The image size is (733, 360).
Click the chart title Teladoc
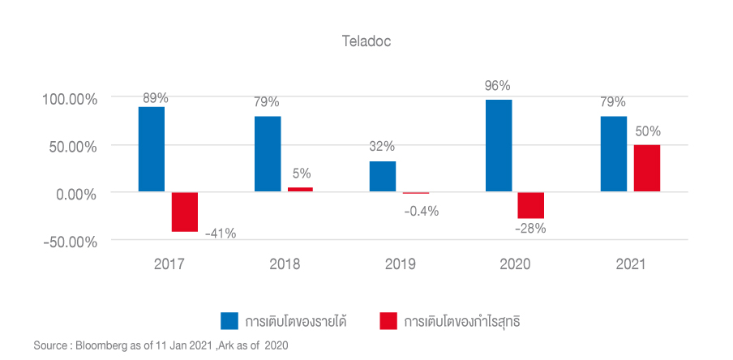tap(366, 40)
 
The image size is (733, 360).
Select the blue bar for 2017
tap(152, 150)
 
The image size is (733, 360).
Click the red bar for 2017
tap(185, 212)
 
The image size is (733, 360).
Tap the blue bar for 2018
tap(268, 154)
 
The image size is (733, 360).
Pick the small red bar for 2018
tap(300, 190)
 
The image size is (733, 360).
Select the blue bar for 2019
tap(383, 177)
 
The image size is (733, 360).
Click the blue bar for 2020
tap(499, 146)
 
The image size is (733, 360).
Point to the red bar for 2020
tap(531, 206)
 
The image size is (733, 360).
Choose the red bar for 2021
tap(646, 169)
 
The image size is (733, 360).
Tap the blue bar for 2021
tap(614, 154)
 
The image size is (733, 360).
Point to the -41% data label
tap(220, 234)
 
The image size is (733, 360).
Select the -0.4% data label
tap(421, 211)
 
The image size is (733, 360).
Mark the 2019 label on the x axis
tap(400, 264)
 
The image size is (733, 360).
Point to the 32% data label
tap(382, 147)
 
